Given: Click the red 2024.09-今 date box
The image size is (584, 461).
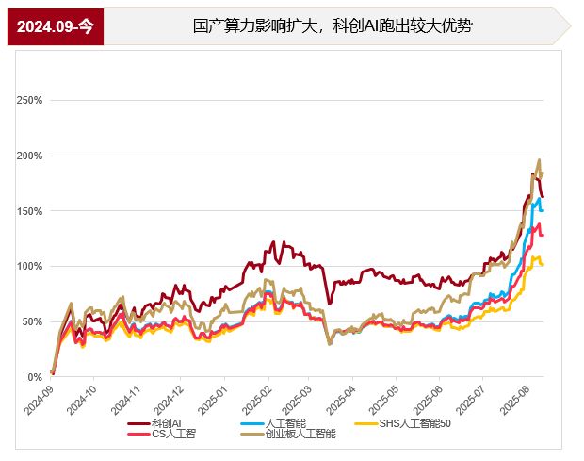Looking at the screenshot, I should [x=56, y=25].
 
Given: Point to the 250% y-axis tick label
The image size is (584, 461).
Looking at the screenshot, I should [x=29, y=100].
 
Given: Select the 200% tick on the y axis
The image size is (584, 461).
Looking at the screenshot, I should [x=29, y=156].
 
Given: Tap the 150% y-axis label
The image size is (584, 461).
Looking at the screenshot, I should [x=29, y=211].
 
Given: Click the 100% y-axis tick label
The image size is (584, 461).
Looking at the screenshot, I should [x=29, y=267].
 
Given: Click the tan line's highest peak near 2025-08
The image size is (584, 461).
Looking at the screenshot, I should [x=539, y=160].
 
